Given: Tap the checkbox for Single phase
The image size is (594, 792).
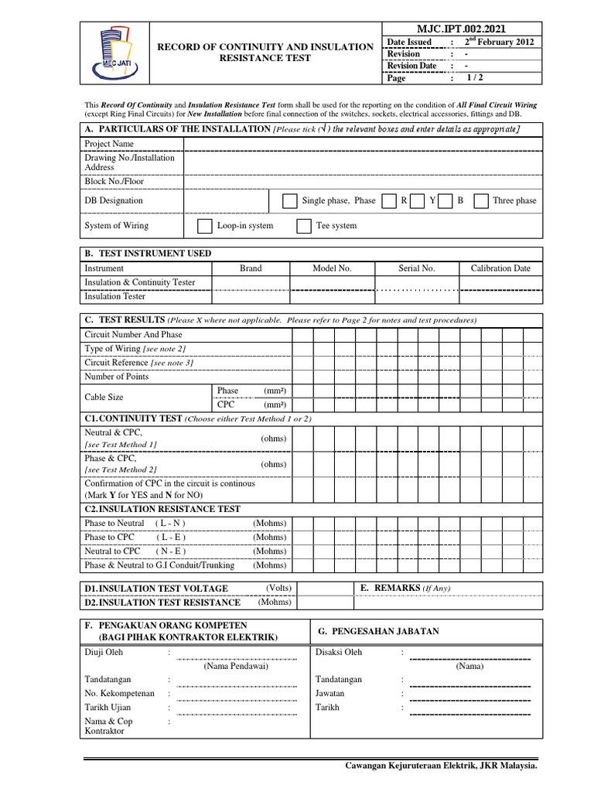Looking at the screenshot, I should (x=289, y=201).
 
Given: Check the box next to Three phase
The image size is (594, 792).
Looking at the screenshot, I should (x=480, y=201).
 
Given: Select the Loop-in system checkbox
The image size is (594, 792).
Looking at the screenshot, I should (x=204, y=226).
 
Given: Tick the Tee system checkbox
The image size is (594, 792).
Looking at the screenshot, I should (x=304, y=226).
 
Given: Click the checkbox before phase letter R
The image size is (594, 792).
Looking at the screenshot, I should (x=391, y=201).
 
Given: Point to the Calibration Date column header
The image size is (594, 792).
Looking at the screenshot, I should (x=500, y=268).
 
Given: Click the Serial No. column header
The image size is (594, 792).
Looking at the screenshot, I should (x=417, y=268).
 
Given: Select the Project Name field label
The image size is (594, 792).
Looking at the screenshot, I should (x=109, y=144).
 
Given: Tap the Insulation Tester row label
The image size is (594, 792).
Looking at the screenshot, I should (x=114, y=296).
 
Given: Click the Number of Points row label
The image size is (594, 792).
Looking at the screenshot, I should (x=117, y=377).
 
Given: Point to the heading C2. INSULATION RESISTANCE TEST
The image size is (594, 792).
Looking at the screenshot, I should (x=162, y=509).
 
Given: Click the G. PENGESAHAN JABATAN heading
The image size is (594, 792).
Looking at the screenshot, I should (x=378, y=632).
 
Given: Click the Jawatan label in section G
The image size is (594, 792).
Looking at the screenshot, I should (x=330, y=693).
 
